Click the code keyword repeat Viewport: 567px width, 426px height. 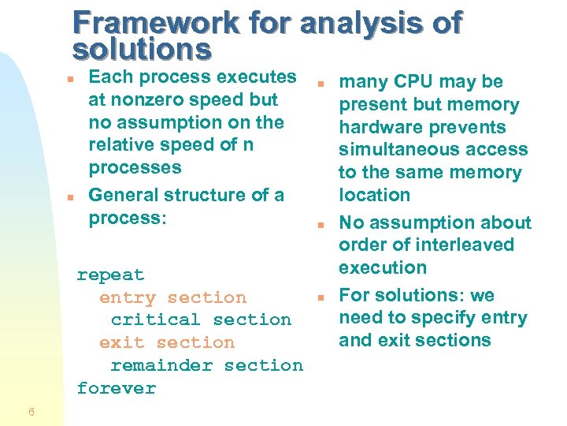[110, 275]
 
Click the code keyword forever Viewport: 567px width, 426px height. [117, 388]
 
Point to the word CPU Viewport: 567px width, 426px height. [413, 82]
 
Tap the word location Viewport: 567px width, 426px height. [375, 195]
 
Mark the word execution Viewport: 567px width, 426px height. [383, 267]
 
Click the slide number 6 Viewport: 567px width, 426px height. [30, 412]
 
